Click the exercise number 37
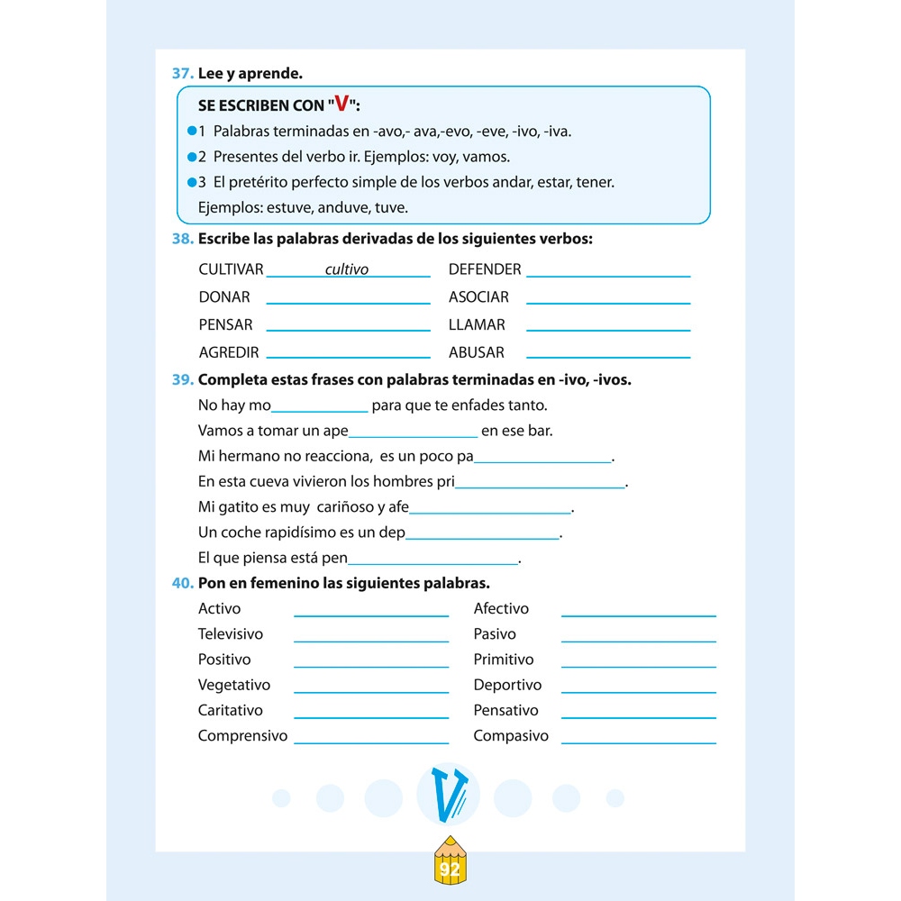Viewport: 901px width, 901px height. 182,74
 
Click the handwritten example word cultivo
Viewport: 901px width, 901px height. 347,269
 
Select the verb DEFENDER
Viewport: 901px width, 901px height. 485,269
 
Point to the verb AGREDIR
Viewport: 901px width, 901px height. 229,352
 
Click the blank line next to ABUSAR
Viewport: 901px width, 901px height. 608,357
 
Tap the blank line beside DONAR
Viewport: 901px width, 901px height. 348,302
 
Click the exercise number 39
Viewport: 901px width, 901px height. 182,380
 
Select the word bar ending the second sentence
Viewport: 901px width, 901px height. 540,431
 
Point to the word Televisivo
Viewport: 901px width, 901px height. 231,634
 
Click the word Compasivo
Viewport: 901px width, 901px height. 511,736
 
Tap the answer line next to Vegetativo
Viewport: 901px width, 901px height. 371,691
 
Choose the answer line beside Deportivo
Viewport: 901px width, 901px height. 638,691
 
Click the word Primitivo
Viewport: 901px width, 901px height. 504,660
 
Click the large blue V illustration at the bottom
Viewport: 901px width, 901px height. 449,795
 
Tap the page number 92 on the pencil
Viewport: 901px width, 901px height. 450,869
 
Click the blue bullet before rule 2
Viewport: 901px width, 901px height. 191,157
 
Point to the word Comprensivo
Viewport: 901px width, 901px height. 242,736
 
